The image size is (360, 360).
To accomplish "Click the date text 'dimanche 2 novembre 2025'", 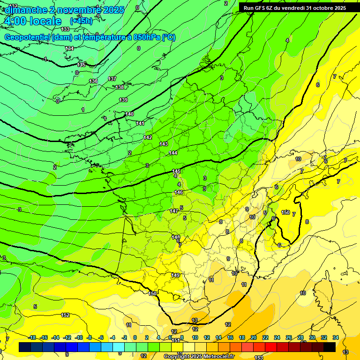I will click(x=64, y=10).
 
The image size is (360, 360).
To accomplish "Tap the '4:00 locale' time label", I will click(x=32, y=21).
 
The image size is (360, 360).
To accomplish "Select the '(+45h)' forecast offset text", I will click(x=81, y=21).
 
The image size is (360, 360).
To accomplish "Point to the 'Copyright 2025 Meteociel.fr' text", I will click(x=199, y=356).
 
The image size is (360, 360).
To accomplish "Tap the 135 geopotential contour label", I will click(x=82, y=65).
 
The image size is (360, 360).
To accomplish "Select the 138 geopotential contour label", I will click(x=120, y=87).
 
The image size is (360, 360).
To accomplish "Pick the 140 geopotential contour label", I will click(x=129, y=114).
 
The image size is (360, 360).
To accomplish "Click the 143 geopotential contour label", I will click(x=164, y=144).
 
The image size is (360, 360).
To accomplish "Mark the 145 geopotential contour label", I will click(x=177, y=171).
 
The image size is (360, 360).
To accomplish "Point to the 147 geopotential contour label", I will click(x=174, y=211).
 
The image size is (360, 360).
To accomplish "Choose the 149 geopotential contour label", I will click(x=175, y=275).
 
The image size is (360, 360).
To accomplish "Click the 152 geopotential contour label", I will click(x=65, y=315).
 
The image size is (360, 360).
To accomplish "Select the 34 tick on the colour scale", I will click(x=336, y=337).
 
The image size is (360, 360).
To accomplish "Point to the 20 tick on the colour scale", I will click(x=254, y=337).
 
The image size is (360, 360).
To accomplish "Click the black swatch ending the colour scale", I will click(x=330, y=347).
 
